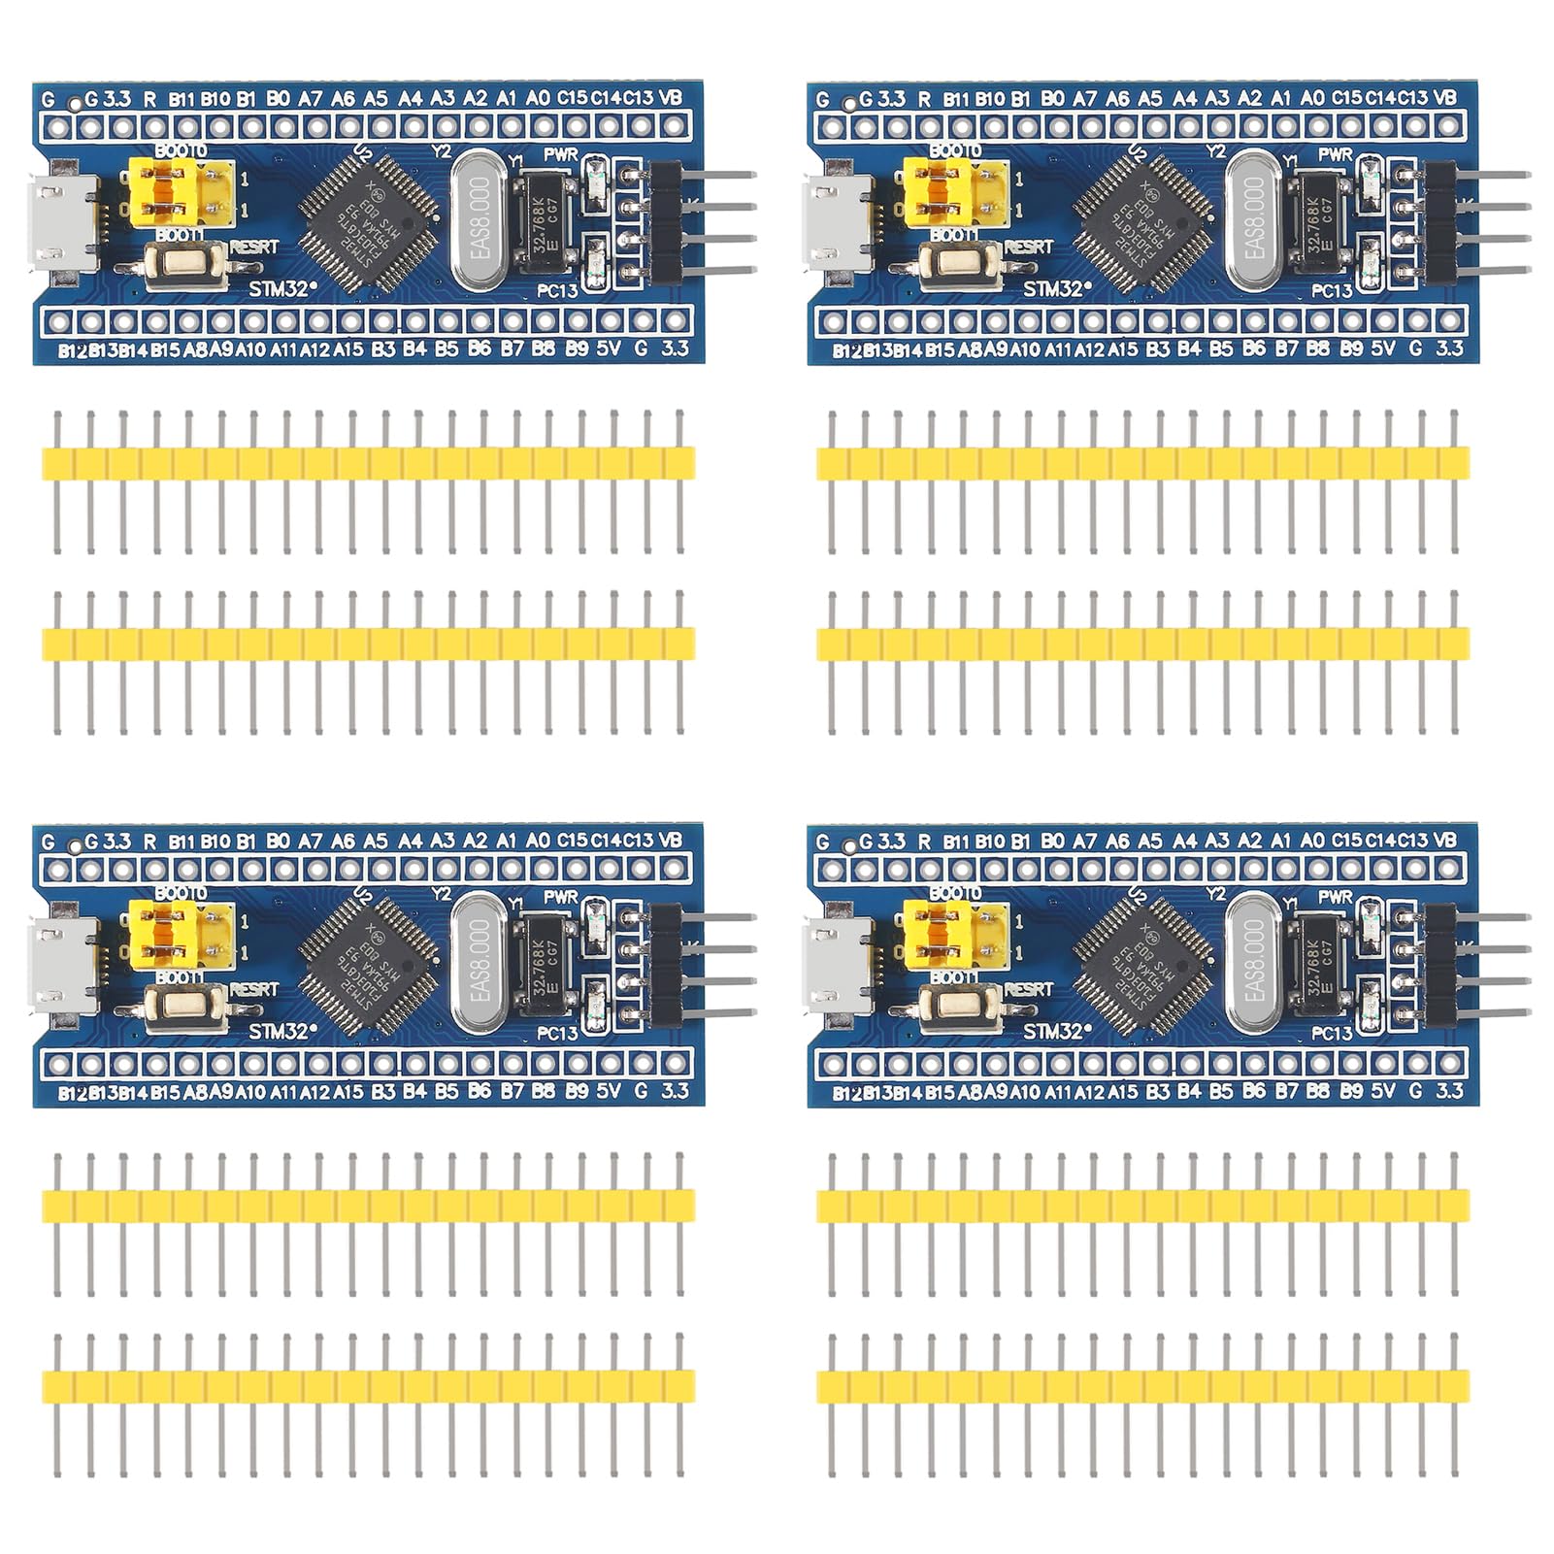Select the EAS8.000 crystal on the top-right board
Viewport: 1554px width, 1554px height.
coord(1254,221)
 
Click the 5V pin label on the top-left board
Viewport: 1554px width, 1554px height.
coord(609,348)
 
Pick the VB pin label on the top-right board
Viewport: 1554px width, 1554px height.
coord(1444,97)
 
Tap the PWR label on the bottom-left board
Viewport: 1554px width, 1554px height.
coord(561,897)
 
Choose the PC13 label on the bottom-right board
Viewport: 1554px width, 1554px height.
coord(1332,1033)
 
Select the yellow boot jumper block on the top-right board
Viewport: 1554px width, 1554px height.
coord(955,193)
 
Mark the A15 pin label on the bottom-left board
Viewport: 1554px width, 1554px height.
coord(347,1092)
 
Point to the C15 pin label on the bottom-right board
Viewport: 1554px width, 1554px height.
coord(1346,841)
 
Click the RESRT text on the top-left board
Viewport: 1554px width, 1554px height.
coord(254,248)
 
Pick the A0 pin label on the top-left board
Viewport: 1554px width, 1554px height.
coord(538,97)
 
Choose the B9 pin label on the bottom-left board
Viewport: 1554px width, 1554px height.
coord(577,1091)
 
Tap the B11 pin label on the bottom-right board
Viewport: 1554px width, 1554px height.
coord(956,842)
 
